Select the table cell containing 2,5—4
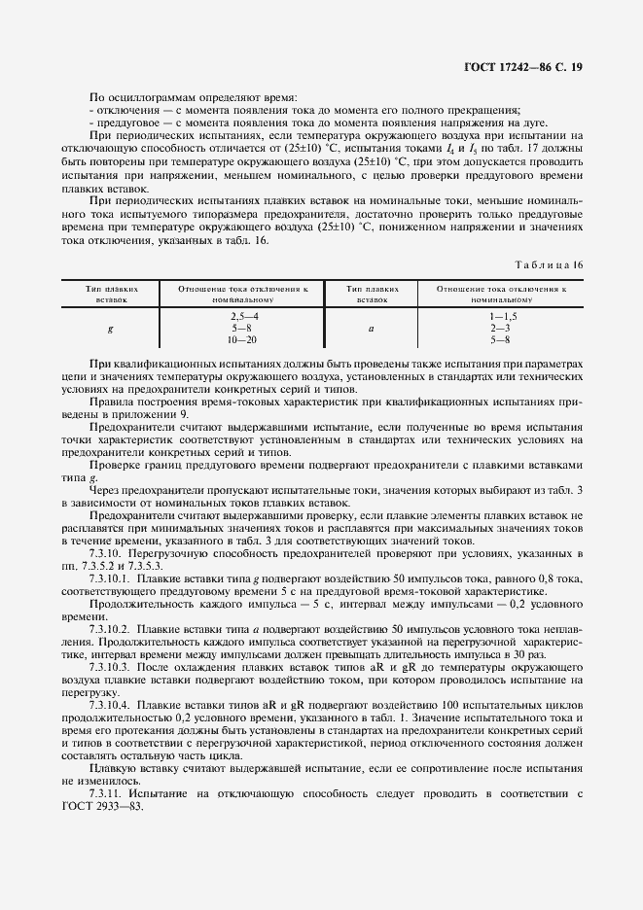tap(243, 318)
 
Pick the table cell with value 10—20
tap(243, 339)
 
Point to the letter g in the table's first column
tap(110, 329)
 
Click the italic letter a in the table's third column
tap(371, 329)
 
